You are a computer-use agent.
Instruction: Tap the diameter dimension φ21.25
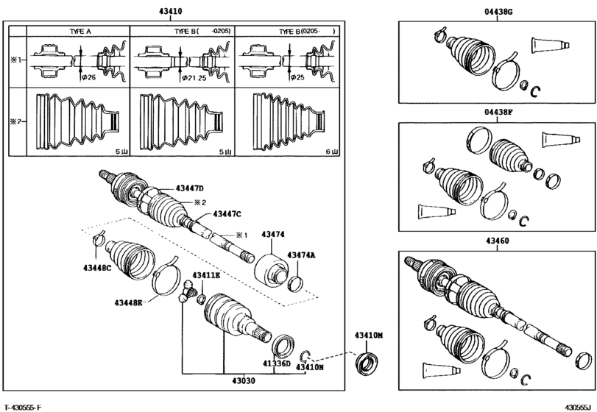point(195,77)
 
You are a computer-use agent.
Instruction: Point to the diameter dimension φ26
point(88,77)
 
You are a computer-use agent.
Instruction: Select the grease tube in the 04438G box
point(548,43)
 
